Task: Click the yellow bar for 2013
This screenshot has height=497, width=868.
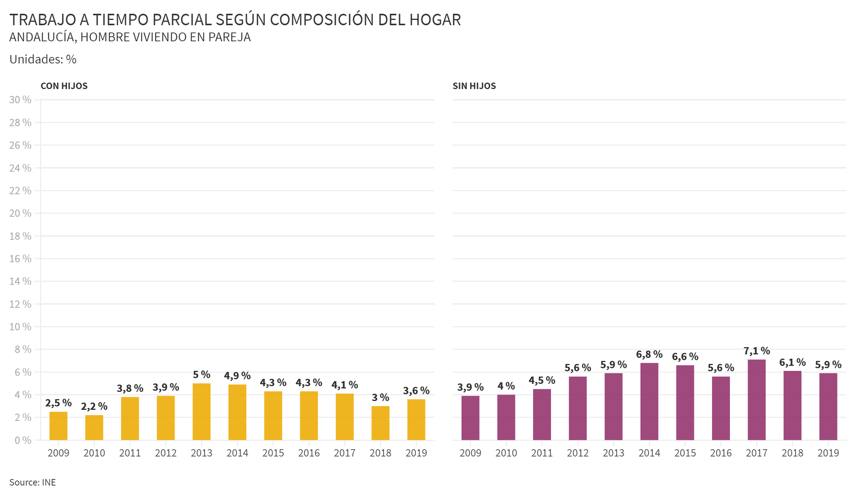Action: coord(202,412)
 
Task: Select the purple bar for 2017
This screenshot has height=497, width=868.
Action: coord(757,400)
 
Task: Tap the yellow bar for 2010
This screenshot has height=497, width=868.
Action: coord(94,427)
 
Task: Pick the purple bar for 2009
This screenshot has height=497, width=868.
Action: coord(470,418)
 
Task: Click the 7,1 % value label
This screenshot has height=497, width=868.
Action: coord(757,351)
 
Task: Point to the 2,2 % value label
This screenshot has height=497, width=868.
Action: coord(94,406)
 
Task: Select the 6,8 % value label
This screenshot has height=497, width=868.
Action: coord(649,354)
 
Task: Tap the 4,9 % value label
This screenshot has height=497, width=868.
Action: coord(237,376)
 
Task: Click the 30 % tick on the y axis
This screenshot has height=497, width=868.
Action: coord(20,100)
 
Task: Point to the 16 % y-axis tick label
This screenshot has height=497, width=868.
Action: coord(20,259)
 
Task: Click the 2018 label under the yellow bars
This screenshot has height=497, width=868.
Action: coord(380,453)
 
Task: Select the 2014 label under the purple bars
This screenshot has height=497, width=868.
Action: coord(649,453)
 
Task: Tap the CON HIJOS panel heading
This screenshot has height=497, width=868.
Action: coord(64,86)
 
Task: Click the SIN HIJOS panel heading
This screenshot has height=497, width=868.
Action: coord(474,86)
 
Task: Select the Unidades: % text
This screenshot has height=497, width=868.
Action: coord(43,59)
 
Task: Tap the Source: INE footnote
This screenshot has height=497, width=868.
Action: coord(33,482)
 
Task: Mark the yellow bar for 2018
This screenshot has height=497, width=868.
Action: coord(380,423)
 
